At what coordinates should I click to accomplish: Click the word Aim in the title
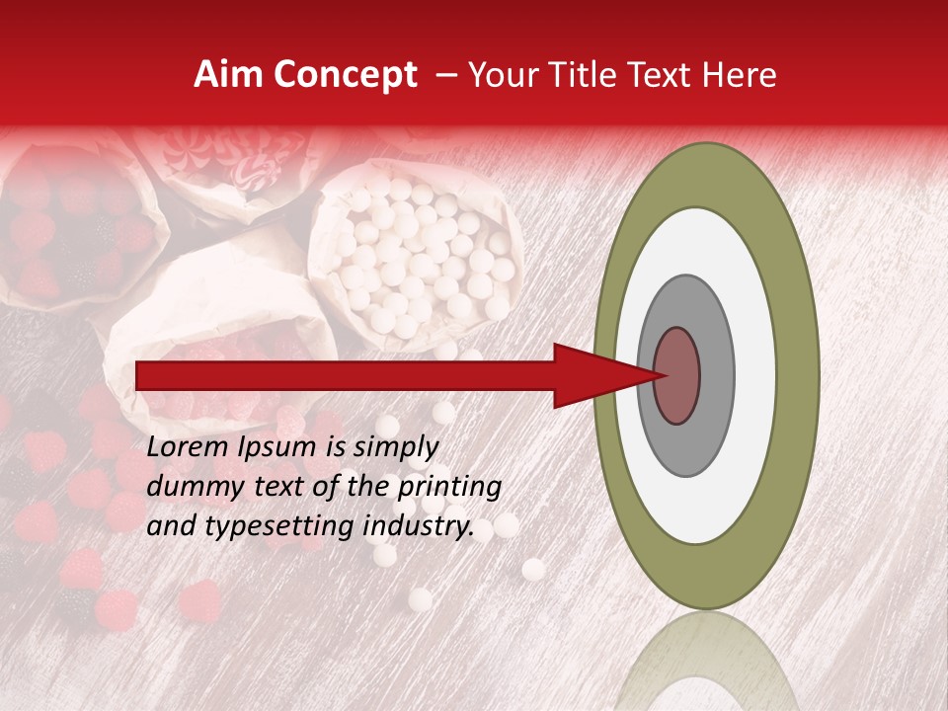[x=230, y=75]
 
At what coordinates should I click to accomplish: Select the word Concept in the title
[x=345, y=75]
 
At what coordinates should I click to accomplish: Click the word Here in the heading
[x=741, y=75]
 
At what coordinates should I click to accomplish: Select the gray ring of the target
[x=715, y=376]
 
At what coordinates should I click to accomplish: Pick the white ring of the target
[x=755, y=376]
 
